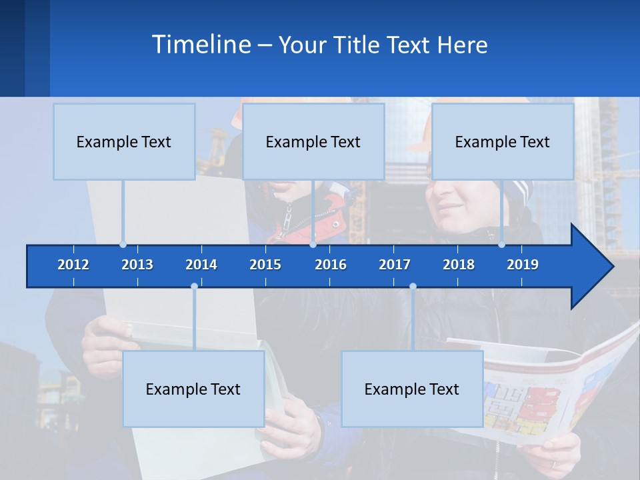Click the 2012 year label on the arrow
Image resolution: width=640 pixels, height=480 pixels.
73,265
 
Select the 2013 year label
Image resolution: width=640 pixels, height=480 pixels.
137,265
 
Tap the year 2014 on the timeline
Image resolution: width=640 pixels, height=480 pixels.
201,265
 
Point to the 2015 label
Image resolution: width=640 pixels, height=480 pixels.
265,265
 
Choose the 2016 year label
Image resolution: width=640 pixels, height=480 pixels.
331,265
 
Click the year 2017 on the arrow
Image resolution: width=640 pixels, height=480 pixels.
395,265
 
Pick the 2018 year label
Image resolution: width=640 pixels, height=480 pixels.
459,265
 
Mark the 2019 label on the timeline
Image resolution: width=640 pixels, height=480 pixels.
523,265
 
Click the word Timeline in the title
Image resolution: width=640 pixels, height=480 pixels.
201,45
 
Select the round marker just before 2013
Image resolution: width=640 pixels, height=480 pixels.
123,245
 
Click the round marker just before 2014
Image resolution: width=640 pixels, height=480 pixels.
194,287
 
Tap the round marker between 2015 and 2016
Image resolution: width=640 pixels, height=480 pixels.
313,245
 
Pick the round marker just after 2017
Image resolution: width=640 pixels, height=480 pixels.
413,287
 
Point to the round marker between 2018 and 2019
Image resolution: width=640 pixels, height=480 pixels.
501,245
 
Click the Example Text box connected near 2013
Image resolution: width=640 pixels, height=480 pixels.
124,141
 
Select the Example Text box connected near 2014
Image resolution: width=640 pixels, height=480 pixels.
193,389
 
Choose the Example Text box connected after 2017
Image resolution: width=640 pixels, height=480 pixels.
412,389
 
